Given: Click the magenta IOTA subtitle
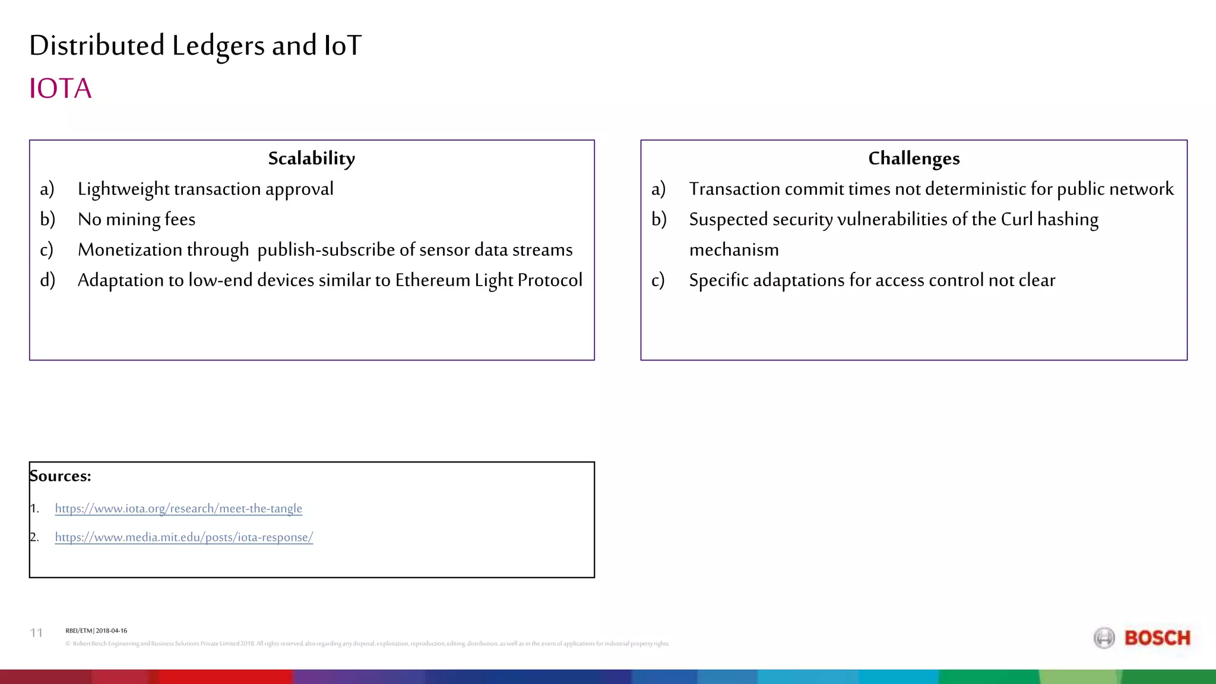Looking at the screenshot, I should click(x=61, y=89).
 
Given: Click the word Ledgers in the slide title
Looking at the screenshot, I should click(x=218, y=46).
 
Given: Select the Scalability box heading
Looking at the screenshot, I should click(x=312, y=159).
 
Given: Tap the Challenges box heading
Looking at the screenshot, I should click(x=914, y=159).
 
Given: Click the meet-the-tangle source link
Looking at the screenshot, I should click(x=179, y=509).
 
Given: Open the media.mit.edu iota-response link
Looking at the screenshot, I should click(x=184, y=537).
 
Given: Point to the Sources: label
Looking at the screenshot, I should click(x=61, y=476).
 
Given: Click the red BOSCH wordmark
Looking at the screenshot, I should click(x=1157, y=638).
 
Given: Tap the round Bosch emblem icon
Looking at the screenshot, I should click(x=1104, y=638).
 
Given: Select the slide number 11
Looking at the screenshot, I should click(x=36, y=633).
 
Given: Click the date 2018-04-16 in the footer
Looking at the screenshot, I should click(x=112, y=631).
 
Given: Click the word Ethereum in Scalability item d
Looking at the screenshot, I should click(x=432, y=280).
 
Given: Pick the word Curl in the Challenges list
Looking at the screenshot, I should click(x=1016, y=220).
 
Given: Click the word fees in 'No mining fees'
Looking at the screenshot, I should click(x=180, y=220).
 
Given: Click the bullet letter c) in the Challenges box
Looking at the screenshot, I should click(x=658, y=280).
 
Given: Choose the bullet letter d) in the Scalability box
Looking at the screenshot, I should click(x=47, y=280).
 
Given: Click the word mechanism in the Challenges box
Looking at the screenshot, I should click(x=734, y=250).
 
